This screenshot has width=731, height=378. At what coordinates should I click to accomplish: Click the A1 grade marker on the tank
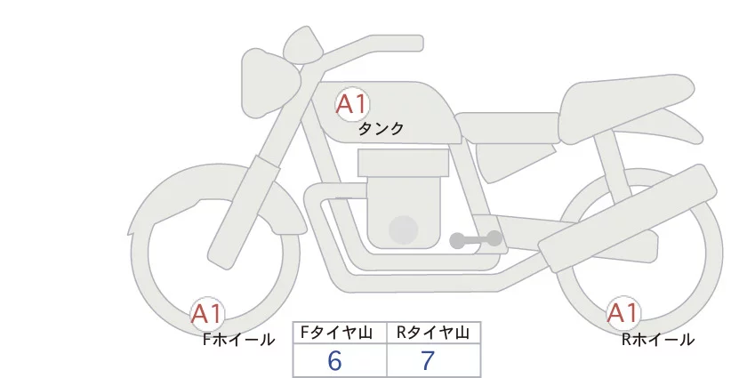pos(351,105)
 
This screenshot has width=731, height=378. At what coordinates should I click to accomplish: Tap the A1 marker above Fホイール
pos(207,313)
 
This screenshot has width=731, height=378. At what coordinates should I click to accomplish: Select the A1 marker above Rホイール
pos(623,313)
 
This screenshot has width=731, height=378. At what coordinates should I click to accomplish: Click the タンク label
pos(381,129)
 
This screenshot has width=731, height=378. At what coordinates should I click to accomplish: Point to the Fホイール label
pos(238,340)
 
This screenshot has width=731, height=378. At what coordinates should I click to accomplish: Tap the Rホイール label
pos(658,340)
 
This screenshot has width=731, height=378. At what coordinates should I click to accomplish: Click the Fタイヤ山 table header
pos(340,333)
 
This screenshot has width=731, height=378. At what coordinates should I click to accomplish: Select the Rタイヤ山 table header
pos(433,333)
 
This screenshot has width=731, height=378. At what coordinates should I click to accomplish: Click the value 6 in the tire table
pos(334,361)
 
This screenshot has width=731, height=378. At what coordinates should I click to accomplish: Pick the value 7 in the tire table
pos(428,361)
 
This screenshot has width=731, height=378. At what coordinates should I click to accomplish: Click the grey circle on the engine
pos(405,229)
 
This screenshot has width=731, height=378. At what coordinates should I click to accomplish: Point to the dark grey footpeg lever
pos(476,239)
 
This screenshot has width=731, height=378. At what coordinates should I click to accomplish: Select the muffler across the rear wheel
pos(631,213)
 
